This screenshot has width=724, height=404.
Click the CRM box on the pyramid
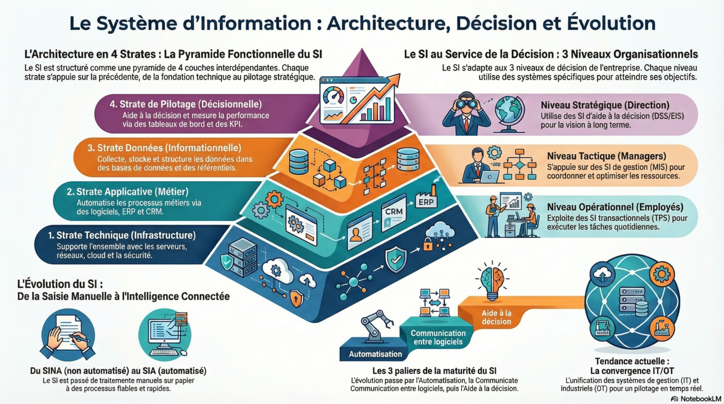[394, 212]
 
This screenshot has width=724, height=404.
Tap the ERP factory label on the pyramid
[426, 202]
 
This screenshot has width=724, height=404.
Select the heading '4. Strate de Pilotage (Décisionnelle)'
[186, 105]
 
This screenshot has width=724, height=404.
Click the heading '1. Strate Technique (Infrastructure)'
[122, 235]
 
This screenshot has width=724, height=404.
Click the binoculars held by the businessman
[466, 104]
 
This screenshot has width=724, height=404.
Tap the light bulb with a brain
[492, 280]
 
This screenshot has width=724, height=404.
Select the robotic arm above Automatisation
[376, 324]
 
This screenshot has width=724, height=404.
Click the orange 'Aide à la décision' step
[496, 317]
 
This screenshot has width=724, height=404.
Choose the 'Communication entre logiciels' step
[438, 337]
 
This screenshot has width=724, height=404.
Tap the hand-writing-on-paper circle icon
[68, 335]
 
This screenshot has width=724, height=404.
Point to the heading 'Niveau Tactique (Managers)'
[606, 156]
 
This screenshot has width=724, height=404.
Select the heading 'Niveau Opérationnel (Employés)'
[615, 207]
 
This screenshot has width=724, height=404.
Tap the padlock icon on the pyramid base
[428, 245]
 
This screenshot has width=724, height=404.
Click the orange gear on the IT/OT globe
[662, 274]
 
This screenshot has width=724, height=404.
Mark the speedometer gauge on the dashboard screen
[334, 95]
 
